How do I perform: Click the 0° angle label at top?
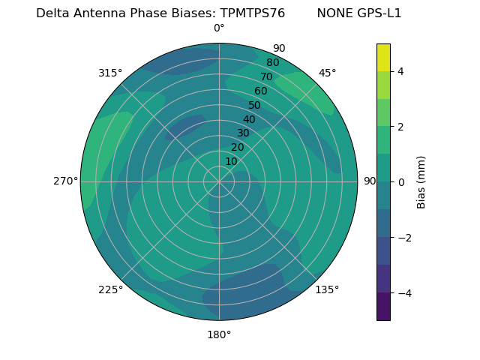[219, 28]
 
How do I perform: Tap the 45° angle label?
[328, 73]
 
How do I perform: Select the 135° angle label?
[327, 289]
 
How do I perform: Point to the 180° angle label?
[219, 334]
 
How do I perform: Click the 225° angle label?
[110, 289]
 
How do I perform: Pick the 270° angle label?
[65, 181]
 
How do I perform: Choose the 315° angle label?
[110, 73]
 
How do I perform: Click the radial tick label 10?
[231, 161]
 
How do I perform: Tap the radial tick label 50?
[255, 106]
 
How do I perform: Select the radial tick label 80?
[273, 63]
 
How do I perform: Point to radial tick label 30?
[243, 133]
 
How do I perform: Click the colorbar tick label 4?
[400, 71]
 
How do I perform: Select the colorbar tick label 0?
[400, 181]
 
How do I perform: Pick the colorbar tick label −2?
[403, 237]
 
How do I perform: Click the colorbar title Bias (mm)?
[421, 181]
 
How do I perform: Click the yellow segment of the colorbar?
[383, 57]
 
